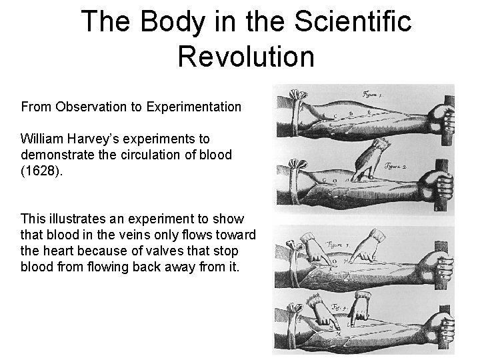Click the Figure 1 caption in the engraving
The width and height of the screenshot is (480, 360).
[x=377, y=94]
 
